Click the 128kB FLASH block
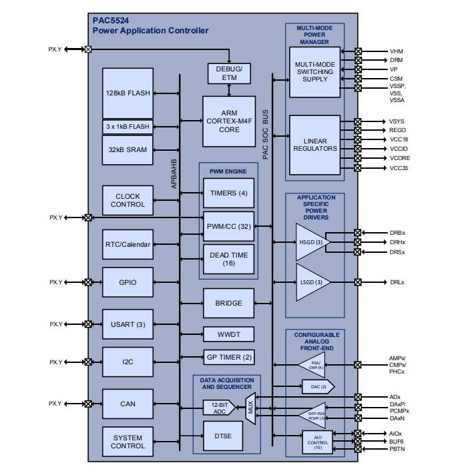pyautogui.click(x=128, y=93)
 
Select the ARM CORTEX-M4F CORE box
pyautogui.click(x=229, y=121)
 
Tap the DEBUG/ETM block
pyautogui.click(x=229, y=73)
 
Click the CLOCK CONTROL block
pyautogui.click(x=128, y=201)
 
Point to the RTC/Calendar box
pyautogui.click(x=128, y=244)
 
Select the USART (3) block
pyautogui.click(x=128, y=324)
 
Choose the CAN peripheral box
pyautogui.click(x=128, y=404)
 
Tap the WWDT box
pyautogui.click(x=229, y=333)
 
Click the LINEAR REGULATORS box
pyautogui.click(x=315, y=144)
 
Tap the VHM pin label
pyautogui.click(x=396, y=51)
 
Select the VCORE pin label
pyautogui.click(x=400, y=158)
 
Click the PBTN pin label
pyautogui.click(x=398, y=450)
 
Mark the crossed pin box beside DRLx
pyautogui.click(x=358, y=282)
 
